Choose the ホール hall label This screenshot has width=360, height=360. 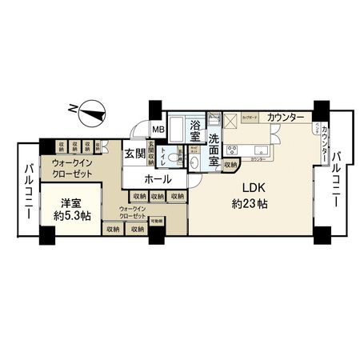[157, 179]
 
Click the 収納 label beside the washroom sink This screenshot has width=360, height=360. [230, 165]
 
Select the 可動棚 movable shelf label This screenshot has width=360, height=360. [157, 220]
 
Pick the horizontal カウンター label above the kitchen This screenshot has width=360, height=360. [286, 118]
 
